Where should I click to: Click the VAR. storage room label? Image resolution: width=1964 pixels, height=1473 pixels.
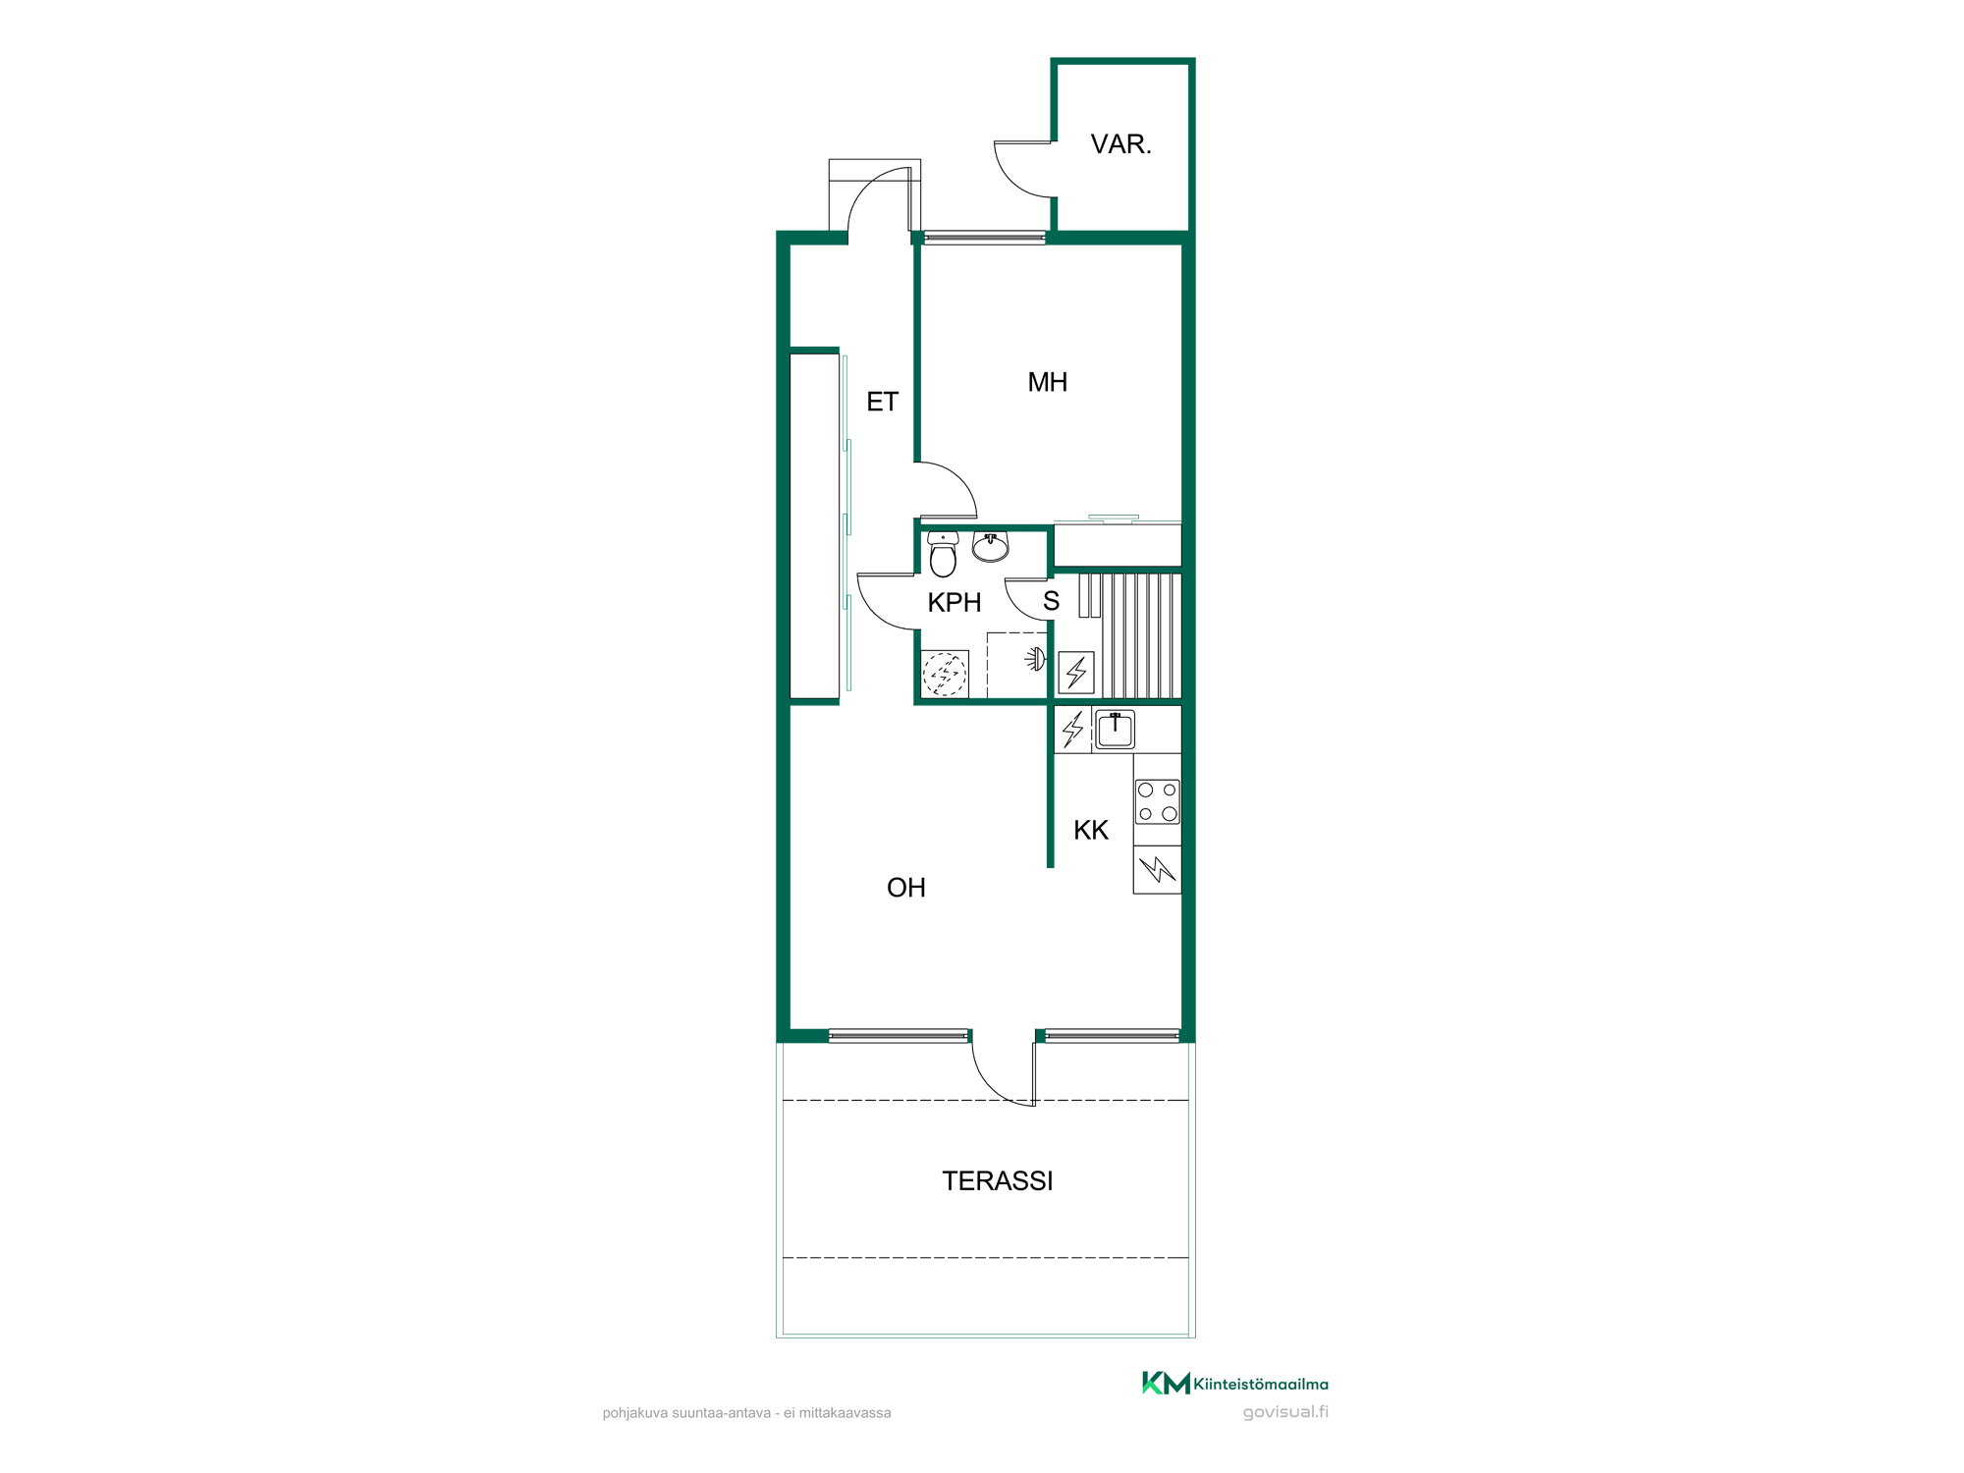click(1120, 144)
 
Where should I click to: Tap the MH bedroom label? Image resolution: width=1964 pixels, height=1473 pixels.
click(1047, 382)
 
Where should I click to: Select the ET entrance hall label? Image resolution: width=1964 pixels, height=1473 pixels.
click(882, 402)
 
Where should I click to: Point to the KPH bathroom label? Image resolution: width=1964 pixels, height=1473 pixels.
click(955, 603)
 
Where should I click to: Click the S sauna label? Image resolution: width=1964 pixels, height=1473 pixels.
click(1051, 601)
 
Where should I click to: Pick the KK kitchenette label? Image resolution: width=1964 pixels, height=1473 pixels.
click(1091, 831)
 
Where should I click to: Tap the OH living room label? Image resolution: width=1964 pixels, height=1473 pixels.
click(905, 888)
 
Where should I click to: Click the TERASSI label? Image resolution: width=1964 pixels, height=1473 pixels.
click(997, 1181)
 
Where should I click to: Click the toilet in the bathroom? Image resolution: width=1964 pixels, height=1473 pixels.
click(943, 555)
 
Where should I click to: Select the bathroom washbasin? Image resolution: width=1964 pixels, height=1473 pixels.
click(991, 547)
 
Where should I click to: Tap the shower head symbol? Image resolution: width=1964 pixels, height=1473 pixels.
click(1035, 659)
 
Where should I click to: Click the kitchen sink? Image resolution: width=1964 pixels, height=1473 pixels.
click(1115, 730)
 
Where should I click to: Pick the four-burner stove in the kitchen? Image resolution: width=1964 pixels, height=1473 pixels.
click(1157, 802)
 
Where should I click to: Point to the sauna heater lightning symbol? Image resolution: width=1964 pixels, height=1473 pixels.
click(1076, 673)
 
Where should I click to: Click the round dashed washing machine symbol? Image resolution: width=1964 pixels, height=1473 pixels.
click(945, 675)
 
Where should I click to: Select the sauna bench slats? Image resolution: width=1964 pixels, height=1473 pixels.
click(1141, 635)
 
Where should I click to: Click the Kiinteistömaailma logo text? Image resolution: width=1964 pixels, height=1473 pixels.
click(1261, 1385)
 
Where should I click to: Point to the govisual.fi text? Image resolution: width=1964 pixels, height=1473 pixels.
click(1285, 1412)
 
